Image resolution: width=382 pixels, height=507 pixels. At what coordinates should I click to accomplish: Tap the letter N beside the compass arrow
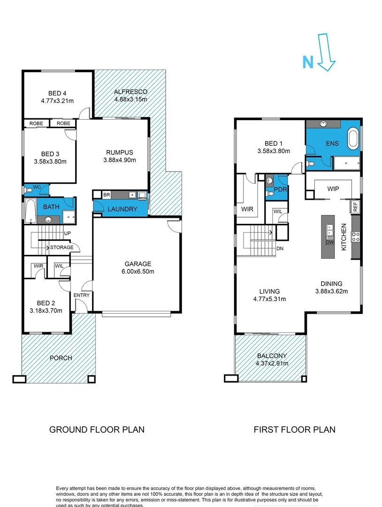click(307, 62)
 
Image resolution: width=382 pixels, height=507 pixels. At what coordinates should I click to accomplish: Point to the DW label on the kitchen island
click(330, 242)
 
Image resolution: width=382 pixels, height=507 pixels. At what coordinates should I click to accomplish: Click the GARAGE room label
click(138, 264)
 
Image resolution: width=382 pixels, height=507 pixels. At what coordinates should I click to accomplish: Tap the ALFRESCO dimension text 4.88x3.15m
click(130, 100)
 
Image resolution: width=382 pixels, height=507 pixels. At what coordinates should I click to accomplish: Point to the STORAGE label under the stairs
click(62, 247)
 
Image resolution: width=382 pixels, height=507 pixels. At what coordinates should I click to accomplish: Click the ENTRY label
click(81, 295)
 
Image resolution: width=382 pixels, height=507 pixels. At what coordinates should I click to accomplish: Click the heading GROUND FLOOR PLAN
click(97, 429)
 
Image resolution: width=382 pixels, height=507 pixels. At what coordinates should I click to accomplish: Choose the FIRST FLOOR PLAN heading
click(294, 429)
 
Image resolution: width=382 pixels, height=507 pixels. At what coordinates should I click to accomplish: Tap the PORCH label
click(61, 358)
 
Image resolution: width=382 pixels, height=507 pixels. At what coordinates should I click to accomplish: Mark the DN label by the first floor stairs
click(280, 249)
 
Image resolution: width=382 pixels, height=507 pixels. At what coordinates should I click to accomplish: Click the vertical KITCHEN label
click(344, 237)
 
